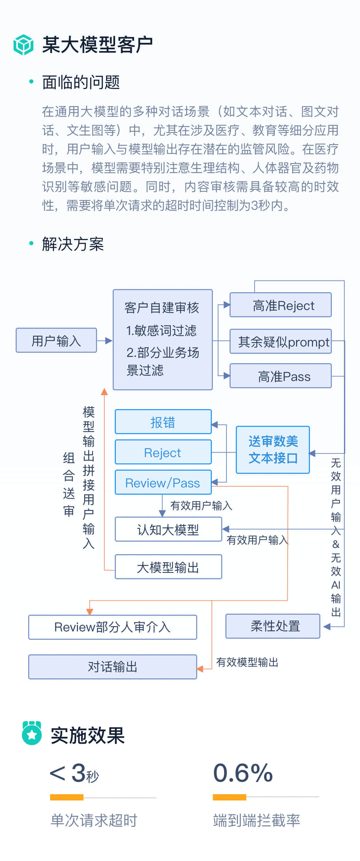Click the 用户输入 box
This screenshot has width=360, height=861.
tap(56, 340)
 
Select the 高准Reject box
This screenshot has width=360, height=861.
tap(281, 305)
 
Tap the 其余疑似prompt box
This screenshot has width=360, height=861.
tap(281, 342)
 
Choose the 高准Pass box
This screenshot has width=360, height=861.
tap(281, 376)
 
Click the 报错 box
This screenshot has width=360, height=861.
tap(163, 422)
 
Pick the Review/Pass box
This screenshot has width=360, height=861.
tap(163, 483)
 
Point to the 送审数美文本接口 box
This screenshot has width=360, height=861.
tap(273, 450)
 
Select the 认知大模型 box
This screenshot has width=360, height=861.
tap(168, 529)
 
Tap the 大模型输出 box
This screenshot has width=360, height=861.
tap(168, 567)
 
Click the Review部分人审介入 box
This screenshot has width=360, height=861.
tap(113, 627)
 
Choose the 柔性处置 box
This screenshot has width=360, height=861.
tap(273, 626)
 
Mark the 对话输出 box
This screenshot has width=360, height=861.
tap(113, 667)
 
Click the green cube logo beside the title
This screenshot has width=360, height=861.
tap(23, 45)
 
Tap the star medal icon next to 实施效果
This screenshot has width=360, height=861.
tap(32, 734)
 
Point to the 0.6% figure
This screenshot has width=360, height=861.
tap(243, 773)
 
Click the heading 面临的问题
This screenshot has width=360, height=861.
tap(81, 82)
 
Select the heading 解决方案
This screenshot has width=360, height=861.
tap(73, 244)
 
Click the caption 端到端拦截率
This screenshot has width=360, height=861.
tap(257, 820)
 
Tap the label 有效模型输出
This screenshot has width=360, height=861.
tap(247, 662)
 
